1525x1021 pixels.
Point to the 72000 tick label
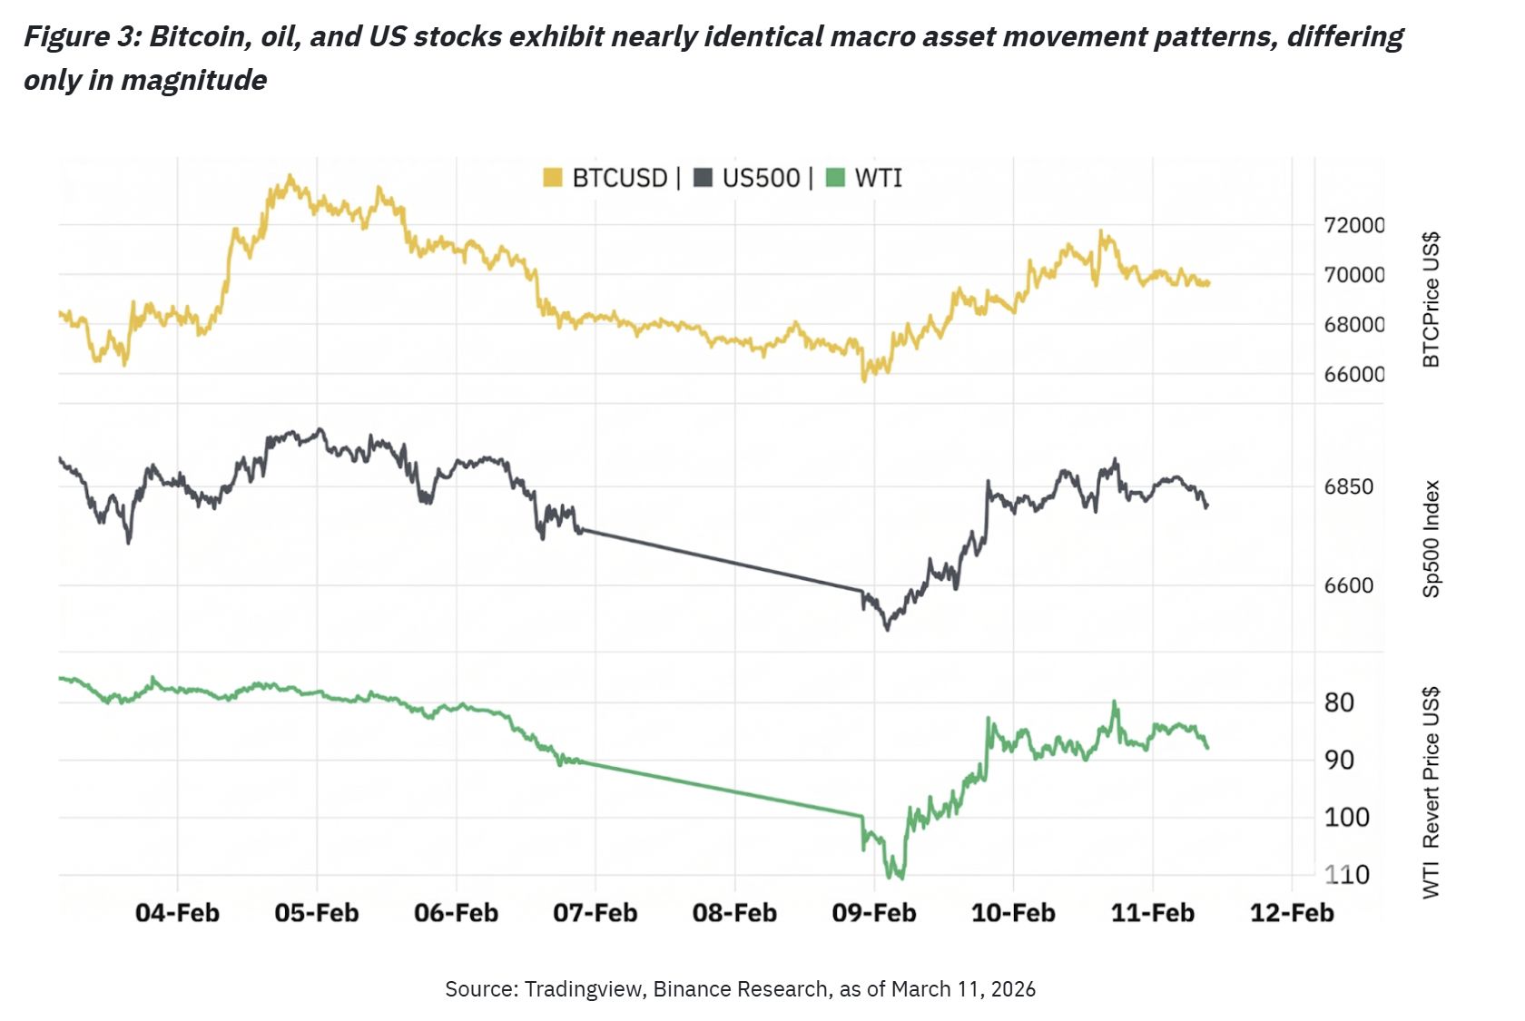pyautogui.click(x=1354, y=225)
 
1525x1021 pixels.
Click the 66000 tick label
pyautogui.click(x=1354, y=374)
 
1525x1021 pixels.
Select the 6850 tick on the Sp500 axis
pyautogui.click(x=1349, y=486)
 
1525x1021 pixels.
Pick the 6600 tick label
pyautogui.click(x=1349, y=585)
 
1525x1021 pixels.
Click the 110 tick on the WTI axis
pyautogui.click(x=1347, y=875)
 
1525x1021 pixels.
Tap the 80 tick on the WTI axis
pyautogui.click(x=1340, y=702)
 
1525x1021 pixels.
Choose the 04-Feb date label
pyautogui.click(x=177, y=913)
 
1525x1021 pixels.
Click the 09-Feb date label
pyautogui.click(x=874, y=913)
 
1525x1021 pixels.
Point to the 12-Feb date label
pyautogui.click(x=1292, y=913)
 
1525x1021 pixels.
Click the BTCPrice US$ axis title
pyautogui.click(x=1432, y=300)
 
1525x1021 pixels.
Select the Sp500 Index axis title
pyautogui.click(x=1432, y=539)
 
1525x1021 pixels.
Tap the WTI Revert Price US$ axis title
pyautogui.click(x=1432, y=793)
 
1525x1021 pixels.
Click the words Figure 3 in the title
pyautogui.click(x=80, y=37)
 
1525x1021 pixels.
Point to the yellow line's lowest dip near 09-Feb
pyautogui.click(x=864, y=378)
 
